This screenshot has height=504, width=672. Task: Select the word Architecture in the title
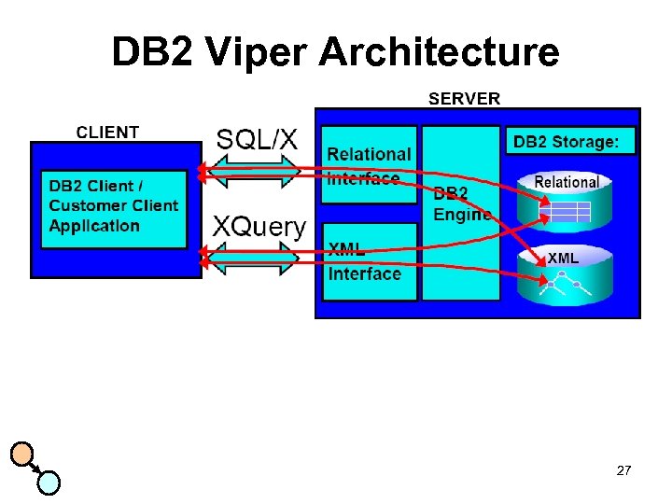pos(439,52)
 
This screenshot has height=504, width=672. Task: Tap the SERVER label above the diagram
pos(464,98)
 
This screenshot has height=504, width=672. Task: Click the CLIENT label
pos(107,133)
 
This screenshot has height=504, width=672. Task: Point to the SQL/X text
pos(257,140)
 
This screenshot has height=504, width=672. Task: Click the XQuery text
pos(259,226)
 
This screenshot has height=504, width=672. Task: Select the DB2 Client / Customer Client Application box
pos(114,206)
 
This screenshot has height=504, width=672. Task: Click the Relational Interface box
pos(369,165)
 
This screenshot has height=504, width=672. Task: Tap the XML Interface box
pos(369,262)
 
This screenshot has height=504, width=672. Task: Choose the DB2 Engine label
pos(461,204)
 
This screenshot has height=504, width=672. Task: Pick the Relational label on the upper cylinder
pos(567,182)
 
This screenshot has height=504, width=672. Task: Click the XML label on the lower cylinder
pos(563,258)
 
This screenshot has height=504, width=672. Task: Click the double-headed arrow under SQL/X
pos(250,171)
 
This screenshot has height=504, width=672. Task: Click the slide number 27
pos(623,471)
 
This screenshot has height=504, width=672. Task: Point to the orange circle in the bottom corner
pos(22,455)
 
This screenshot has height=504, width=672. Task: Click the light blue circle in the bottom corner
pos(49,482)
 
